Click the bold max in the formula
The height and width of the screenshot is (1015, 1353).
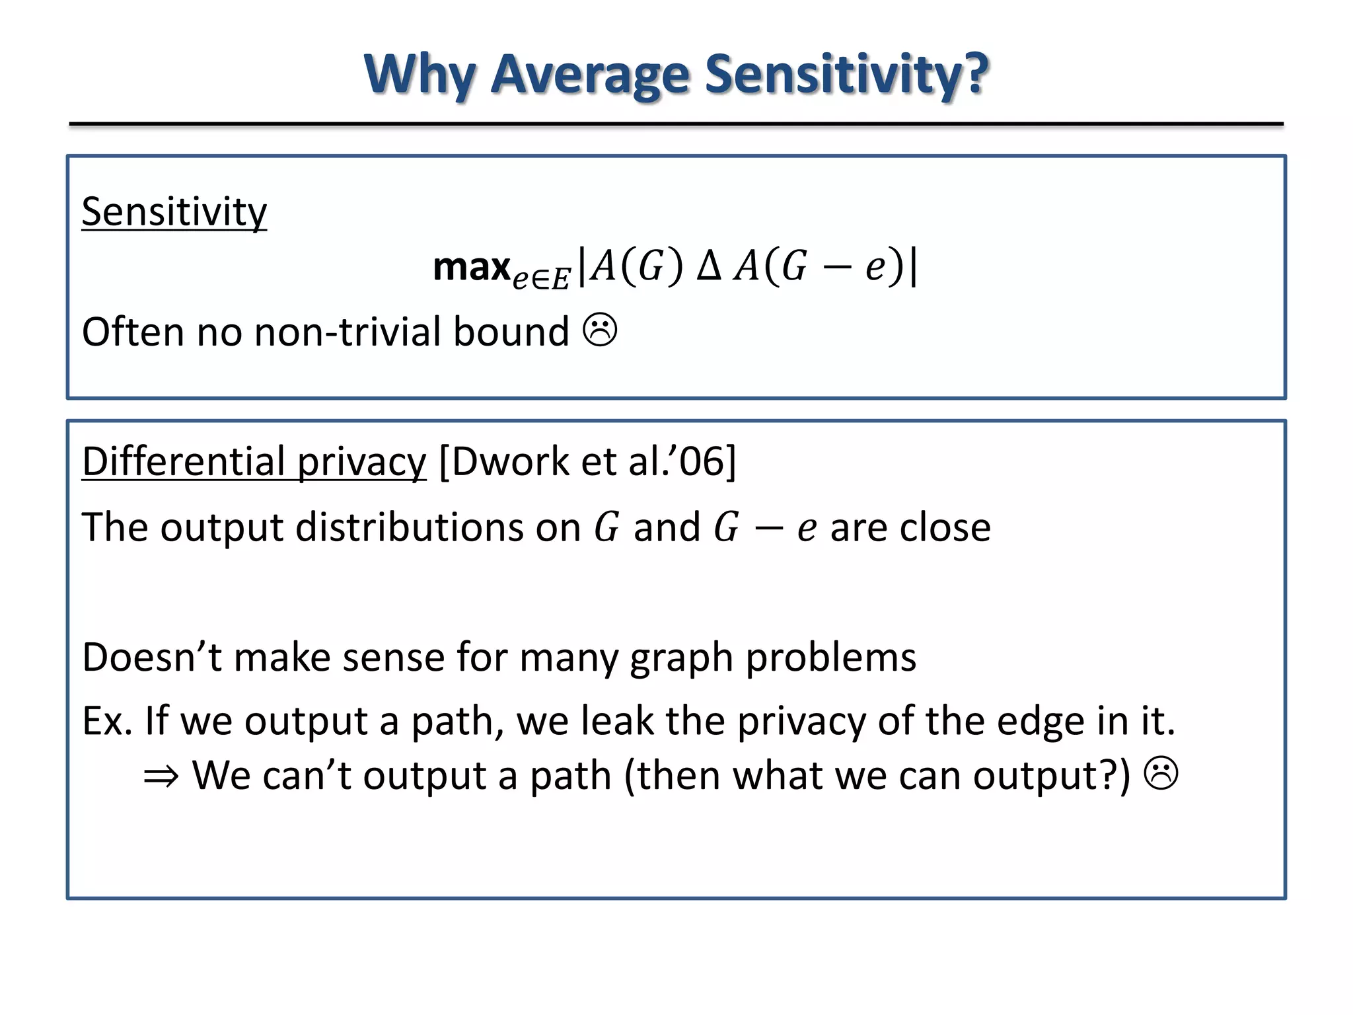472,267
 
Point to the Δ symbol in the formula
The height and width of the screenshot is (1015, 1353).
709,267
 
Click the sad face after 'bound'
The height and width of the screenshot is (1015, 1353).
600,330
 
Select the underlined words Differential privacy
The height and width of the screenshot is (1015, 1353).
254,461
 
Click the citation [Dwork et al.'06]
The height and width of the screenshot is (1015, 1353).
587,461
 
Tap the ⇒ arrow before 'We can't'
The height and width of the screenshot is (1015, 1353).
161,776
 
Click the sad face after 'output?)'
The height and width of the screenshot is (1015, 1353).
1161,774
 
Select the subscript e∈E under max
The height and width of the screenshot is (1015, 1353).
540,280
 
